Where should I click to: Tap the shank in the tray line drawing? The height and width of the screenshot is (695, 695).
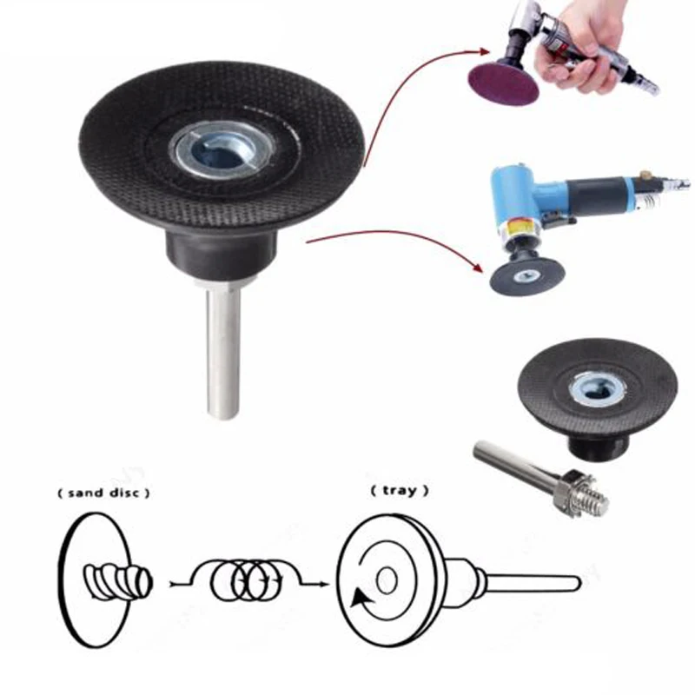[x=530, y=579]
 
